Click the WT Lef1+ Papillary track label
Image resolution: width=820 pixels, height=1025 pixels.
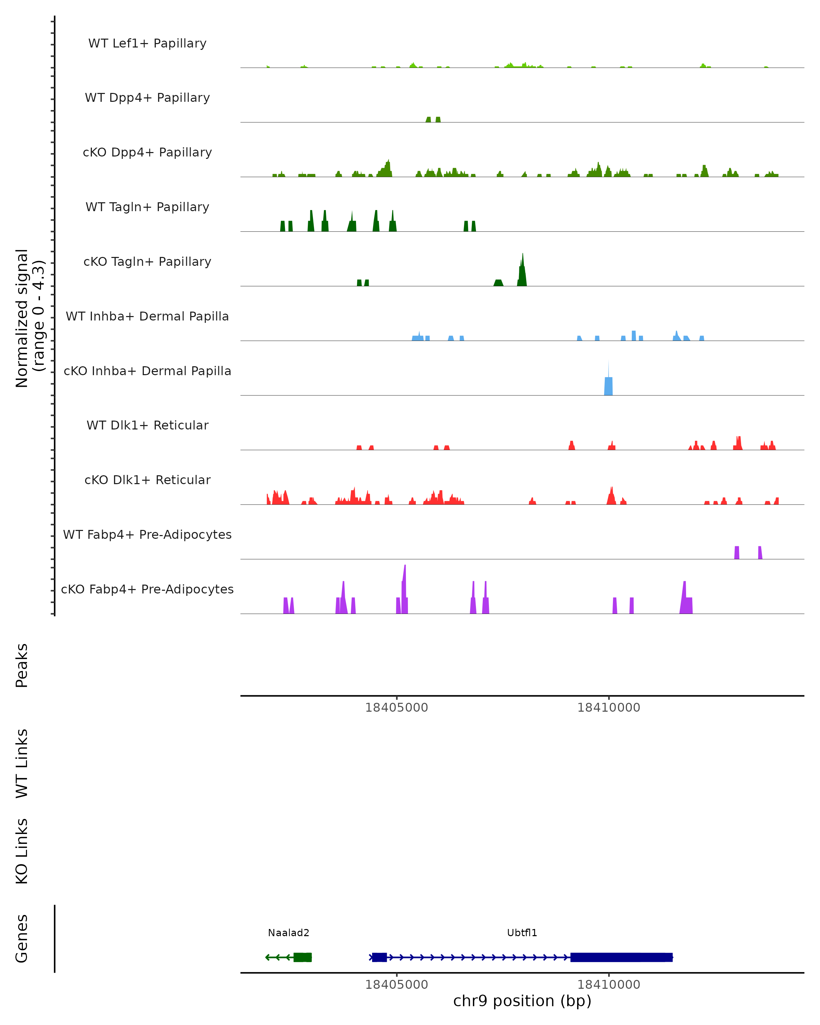pos(147,43)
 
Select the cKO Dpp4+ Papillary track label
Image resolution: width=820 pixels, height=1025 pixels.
pos(147,153)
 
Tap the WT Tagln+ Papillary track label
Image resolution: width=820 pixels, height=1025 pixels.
pos(147,207)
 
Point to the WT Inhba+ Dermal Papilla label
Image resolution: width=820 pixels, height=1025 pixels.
pos(147,317)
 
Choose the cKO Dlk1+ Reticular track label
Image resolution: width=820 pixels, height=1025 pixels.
pos(147,480)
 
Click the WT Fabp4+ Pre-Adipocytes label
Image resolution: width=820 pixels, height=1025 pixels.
pos(147,535)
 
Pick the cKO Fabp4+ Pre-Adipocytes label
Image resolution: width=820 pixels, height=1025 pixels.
pos(147,589)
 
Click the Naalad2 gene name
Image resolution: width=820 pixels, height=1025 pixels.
pos(289,933)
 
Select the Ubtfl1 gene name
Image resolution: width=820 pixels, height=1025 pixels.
pos(522,933)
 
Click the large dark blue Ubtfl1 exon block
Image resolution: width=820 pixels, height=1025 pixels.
pos(621,957)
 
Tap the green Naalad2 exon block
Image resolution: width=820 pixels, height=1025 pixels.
pos(303,957)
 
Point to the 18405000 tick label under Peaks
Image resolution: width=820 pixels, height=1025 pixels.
pos(396,708)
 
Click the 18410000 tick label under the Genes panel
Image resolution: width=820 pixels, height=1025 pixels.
pos(609,985)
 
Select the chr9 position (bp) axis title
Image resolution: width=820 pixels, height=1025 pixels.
pos(522,1001)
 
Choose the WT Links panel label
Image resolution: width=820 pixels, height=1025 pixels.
pos(22,763)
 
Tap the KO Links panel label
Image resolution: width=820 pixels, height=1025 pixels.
pos(22,851)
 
